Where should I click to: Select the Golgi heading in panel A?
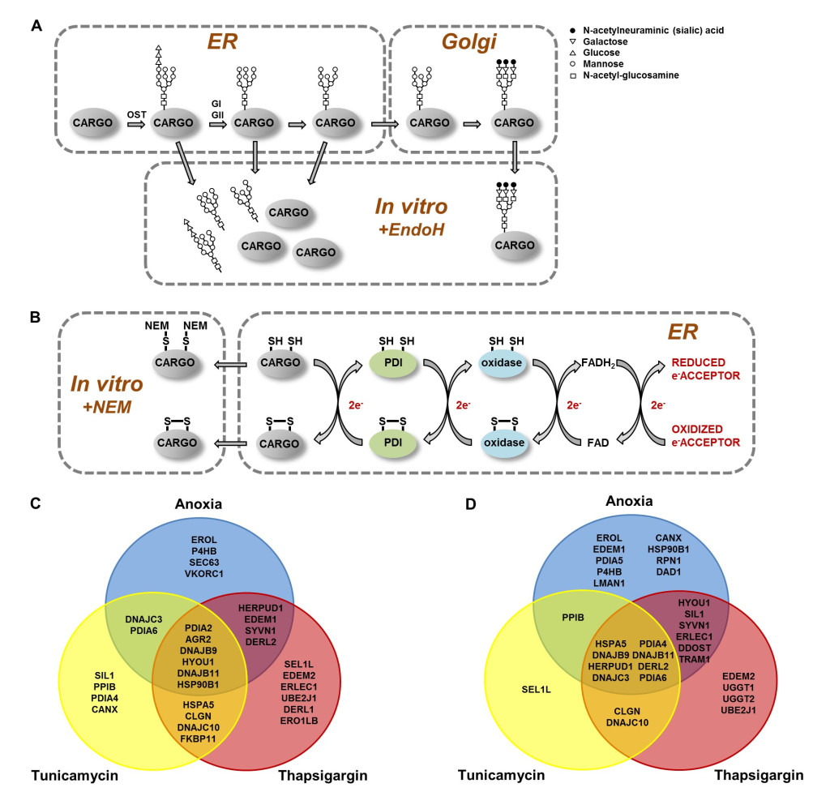point(466,43)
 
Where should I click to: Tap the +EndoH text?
point(413,231)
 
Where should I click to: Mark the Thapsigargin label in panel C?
point(323,776)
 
